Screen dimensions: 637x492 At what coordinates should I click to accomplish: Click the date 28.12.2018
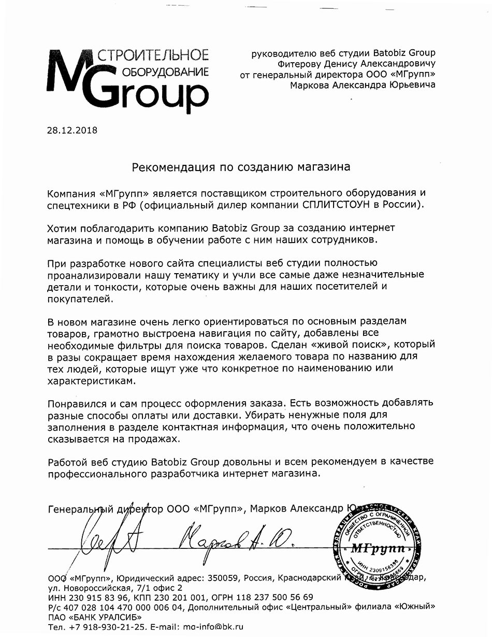[72, 130]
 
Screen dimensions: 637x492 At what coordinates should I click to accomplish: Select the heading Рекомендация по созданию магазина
[241, 167]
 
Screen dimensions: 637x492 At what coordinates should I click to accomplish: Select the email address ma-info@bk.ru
[213, 627]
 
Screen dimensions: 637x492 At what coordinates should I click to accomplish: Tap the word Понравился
[78, 403]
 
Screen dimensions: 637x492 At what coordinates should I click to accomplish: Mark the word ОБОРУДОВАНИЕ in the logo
[165, 72]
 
